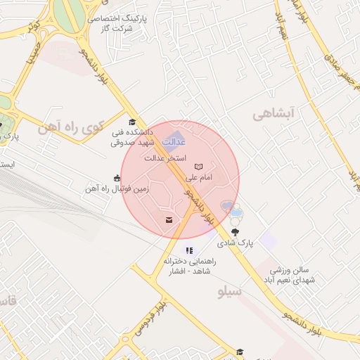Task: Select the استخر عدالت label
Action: (x=165, y=157)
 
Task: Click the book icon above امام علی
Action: (x=199, y=167)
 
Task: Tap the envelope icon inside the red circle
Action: (x=169, y=221)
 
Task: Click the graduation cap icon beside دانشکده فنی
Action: (x=132, y=122)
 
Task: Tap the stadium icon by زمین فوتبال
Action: (x=117, y=178)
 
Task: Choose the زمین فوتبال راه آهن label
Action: (x=112, y=188)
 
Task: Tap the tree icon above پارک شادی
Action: (x=234, y=231)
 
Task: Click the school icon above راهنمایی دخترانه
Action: (x=188, y=250)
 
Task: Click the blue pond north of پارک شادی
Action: (x=228, y=206)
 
